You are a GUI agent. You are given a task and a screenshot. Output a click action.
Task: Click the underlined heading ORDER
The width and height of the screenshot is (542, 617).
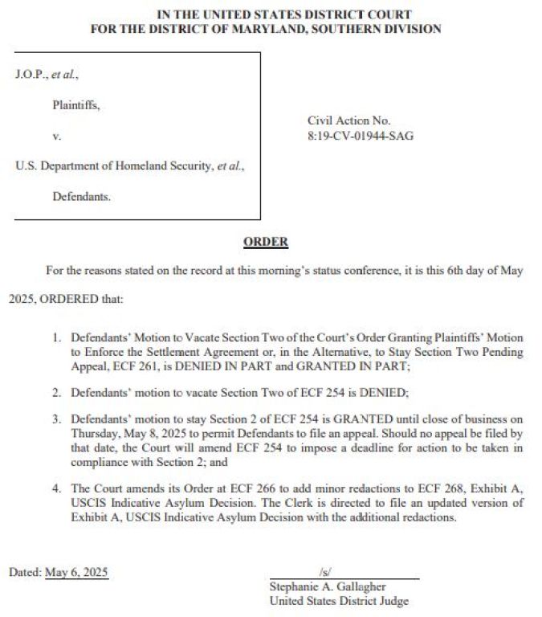(266, 242)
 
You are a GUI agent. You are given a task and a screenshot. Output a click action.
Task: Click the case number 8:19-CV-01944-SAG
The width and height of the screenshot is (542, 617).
(361, 136)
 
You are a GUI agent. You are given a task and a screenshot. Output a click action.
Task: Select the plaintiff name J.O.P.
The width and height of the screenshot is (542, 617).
(31, 75)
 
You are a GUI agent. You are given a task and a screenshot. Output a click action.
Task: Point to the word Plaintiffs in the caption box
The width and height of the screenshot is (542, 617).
(76, 104)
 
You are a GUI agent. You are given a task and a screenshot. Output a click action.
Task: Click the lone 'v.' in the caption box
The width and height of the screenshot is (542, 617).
(57, 136)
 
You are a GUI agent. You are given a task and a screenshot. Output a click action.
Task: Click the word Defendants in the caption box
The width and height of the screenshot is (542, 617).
(82, 196)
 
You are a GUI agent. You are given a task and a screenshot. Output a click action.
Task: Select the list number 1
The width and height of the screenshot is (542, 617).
(57, 338)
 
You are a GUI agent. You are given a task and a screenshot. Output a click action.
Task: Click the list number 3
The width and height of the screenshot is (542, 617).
(57, 419)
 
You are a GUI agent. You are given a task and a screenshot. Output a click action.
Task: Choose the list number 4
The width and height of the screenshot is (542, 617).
(57, 488)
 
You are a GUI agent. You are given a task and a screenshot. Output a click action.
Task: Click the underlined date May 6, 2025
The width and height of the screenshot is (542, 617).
(76, 573)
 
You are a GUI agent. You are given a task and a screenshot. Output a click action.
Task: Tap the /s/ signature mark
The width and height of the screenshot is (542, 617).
(325, 573)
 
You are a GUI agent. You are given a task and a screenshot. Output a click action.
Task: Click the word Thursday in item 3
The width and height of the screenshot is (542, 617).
(95, 433)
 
